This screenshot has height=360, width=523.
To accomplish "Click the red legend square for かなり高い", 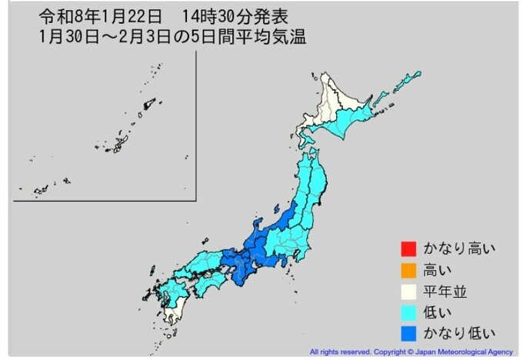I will pyautogui.click(x=408, y=249).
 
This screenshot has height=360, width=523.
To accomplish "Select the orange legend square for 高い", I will pyautogui.click(x=408, y=270).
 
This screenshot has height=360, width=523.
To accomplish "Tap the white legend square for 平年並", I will pyautogui.click(x=408, y=291).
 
